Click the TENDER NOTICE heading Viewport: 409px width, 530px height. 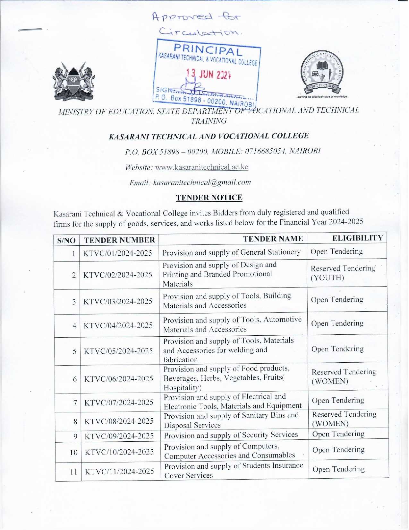(x=209, y=198)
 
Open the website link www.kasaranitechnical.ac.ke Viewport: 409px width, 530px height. (x=201, y=167)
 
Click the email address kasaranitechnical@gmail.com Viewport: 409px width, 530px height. (x=202, y=182)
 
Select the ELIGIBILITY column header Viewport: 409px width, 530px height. (x=358, y=238)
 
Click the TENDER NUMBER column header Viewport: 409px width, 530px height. (x=119, y=240)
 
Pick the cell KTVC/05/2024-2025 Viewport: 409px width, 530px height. (x=118, y=351)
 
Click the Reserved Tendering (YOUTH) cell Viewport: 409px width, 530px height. (x=343, y=273)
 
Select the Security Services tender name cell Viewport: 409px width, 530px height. (x=231, y=435)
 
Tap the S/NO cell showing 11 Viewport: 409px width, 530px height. (x=73, y=472)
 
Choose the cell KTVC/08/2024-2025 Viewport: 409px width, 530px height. (x=119, y=421)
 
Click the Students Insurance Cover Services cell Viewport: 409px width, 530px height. (x=234, y=471)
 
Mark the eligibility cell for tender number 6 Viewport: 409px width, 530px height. (x=344, y=376)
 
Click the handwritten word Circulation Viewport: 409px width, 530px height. (x=200, y=31)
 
